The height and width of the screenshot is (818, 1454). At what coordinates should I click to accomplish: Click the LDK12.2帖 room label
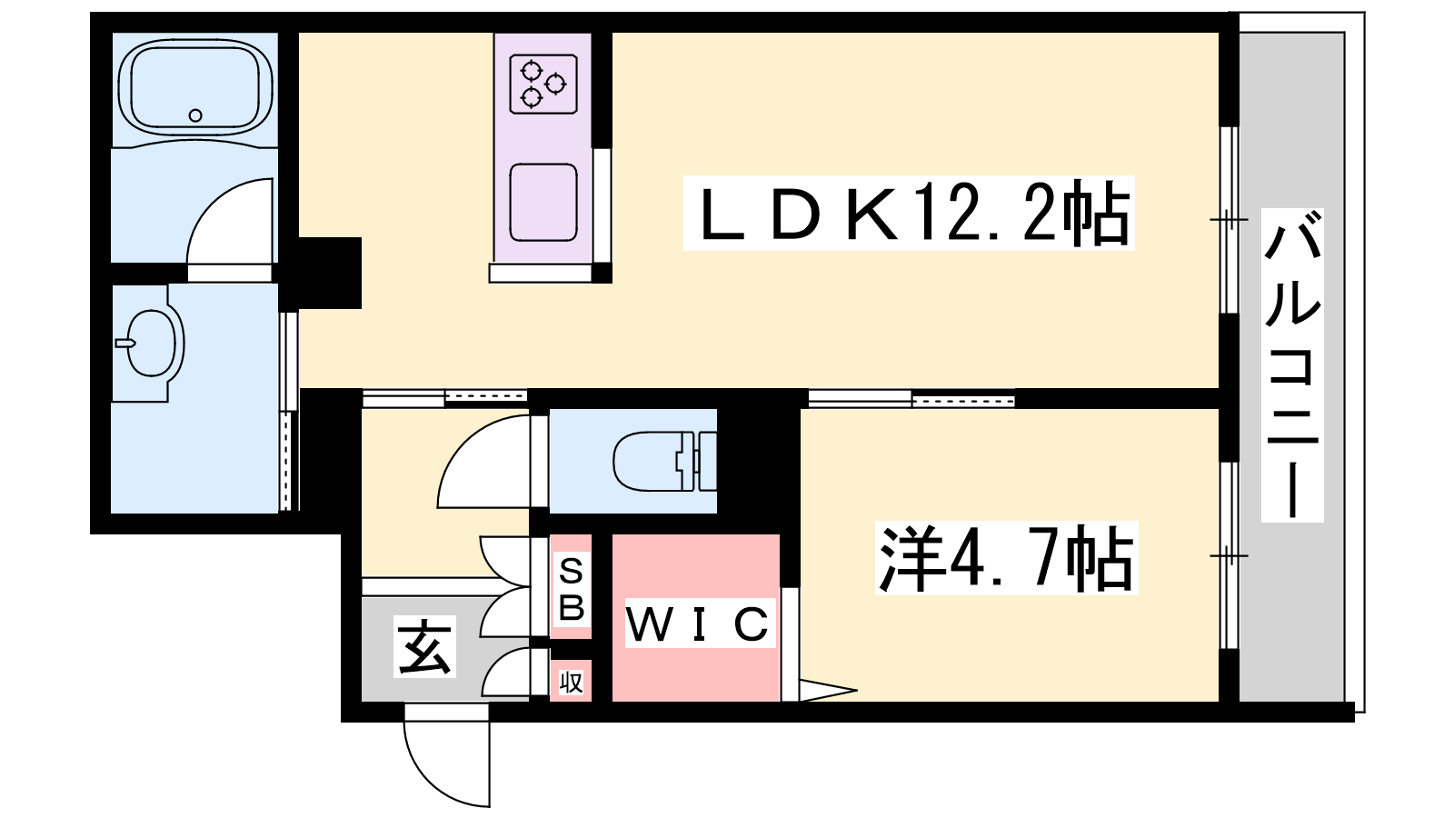click(909, 214)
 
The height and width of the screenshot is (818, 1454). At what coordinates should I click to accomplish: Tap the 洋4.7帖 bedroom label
click(1005, 558)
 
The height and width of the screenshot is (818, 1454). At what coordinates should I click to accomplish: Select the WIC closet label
click(697, 623)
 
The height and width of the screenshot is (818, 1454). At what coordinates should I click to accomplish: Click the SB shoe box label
click(572, 590)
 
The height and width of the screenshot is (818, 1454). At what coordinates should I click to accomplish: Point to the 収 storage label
click(571, 682)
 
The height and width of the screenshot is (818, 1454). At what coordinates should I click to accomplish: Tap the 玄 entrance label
click(424, 647)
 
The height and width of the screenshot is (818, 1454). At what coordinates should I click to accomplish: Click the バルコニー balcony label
click(1291, 364)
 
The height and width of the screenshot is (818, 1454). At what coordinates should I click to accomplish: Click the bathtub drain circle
click(195, 115)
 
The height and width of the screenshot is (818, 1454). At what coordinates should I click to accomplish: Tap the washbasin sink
click(154, 343)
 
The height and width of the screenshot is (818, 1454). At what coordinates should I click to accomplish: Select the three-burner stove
click(543, 84)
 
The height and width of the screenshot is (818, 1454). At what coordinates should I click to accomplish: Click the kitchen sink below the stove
click(543, 202)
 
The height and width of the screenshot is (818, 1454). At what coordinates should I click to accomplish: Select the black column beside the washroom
click(329, 273)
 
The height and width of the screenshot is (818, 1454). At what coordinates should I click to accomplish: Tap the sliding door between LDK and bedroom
click(911, 398)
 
